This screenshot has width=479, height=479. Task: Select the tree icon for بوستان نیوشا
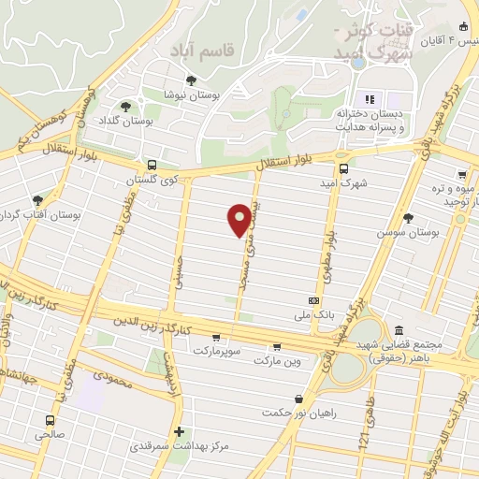192,80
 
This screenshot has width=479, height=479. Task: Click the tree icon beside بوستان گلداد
126,107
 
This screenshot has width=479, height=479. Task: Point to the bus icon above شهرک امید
343,168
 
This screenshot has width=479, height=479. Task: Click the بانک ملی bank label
313,315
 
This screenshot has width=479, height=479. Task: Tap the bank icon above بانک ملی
313,301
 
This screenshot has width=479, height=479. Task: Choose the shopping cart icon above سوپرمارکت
216,338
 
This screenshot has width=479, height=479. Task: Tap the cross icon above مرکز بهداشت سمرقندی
179,431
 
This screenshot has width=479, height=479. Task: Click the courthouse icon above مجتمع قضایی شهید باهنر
399,331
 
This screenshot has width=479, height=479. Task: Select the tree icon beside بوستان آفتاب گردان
37,199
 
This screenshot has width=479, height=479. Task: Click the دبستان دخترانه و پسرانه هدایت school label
370,118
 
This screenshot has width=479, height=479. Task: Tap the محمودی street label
111,379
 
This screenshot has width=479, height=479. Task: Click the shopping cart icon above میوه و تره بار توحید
461,174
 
